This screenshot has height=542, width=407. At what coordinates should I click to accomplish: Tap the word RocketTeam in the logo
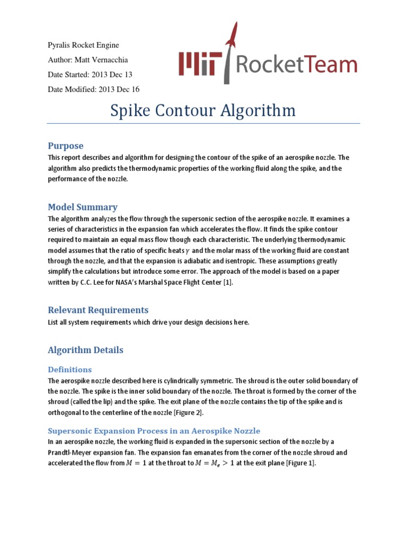click(296, 65)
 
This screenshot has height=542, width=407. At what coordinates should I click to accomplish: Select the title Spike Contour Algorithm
click(202, 111)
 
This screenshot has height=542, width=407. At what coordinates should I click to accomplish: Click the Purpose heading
click(66, 146)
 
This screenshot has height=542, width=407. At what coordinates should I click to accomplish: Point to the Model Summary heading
click(83, 207)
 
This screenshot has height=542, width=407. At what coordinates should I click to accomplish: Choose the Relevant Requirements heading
click(98, 310)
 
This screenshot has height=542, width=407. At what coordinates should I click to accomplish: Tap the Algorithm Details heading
click(85, 350)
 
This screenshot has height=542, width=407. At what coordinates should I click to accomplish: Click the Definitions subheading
click(69, 369)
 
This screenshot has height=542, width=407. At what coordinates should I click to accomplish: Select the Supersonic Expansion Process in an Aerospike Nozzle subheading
click(154, 430)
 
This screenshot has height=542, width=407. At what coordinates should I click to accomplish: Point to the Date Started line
click(90, 75)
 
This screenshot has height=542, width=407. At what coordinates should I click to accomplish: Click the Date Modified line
click(93, 89)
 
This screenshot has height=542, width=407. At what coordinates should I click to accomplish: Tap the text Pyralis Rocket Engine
click(83, 45)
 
